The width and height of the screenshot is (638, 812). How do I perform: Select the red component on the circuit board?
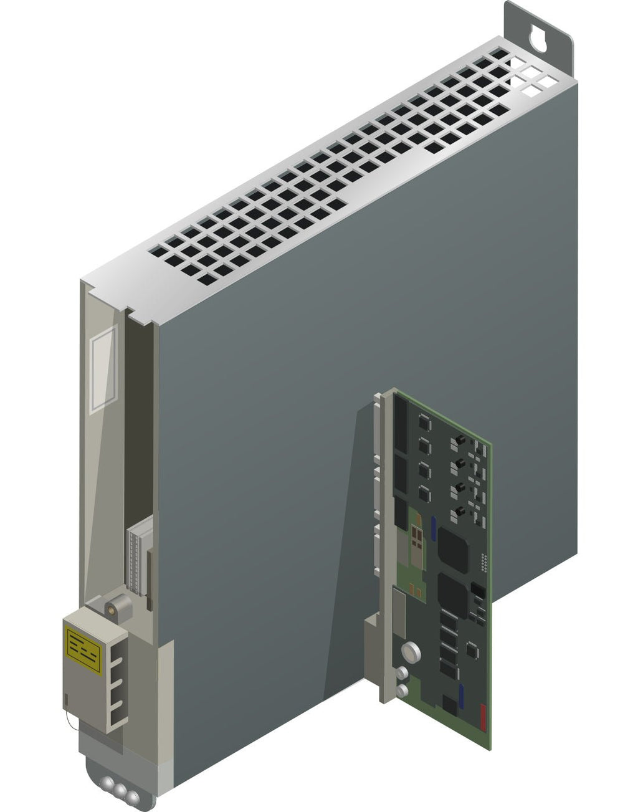tap(483, 716)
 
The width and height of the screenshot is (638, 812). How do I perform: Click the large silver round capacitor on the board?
tap(412, 652)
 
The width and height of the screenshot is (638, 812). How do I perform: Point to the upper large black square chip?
tap(454, 549)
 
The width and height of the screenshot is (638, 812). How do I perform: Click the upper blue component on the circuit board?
tap(434, 527)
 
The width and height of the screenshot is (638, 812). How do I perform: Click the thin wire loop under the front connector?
tap(72, 723)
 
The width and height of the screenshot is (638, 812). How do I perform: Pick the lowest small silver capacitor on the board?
tap(403, 690)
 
